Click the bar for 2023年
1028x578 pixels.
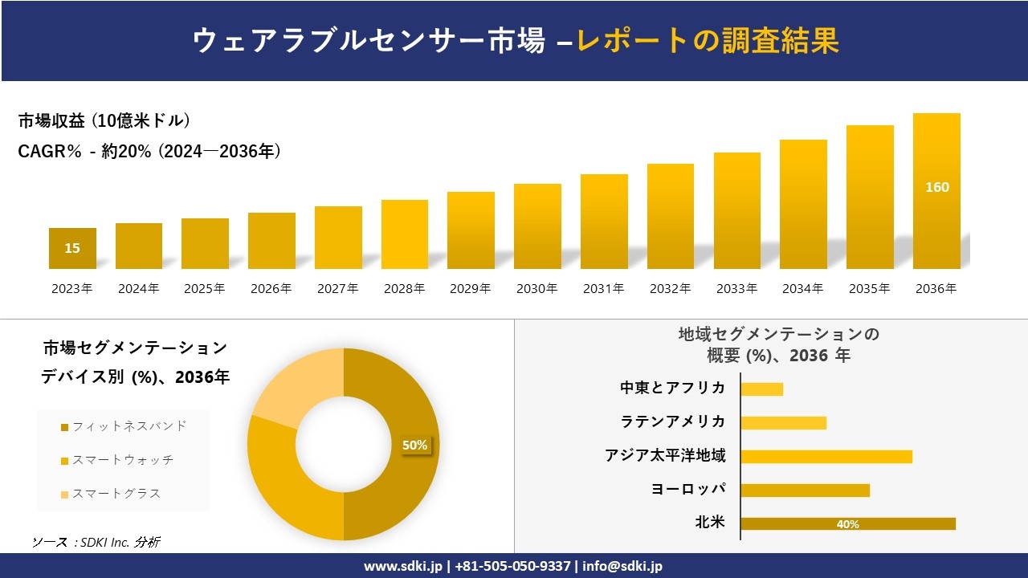72,248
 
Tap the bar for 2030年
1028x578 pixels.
537,226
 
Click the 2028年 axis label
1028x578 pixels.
404,289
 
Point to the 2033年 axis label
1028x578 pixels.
736,289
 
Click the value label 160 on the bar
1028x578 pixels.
936,187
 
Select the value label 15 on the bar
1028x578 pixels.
72,248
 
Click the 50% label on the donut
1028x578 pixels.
414,445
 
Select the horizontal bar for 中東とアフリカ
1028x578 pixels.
761,389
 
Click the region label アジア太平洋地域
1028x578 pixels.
665,456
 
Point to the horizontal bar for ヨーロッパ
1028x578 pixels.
805,490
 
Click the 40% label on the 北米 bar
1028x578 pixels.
847,524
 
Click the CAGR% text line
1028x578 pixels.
149,152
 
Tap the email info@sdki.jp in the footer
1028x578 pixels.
622,566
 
